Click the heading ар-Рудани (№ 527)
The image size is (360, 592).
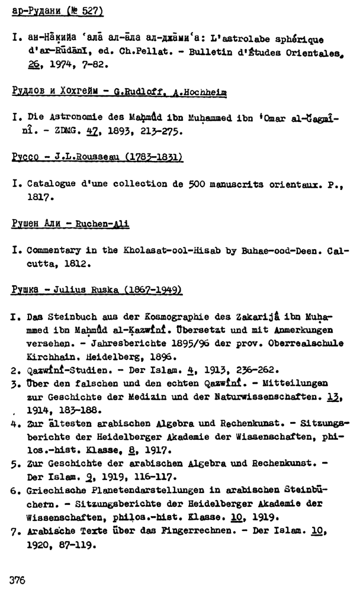click(57, 11)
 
